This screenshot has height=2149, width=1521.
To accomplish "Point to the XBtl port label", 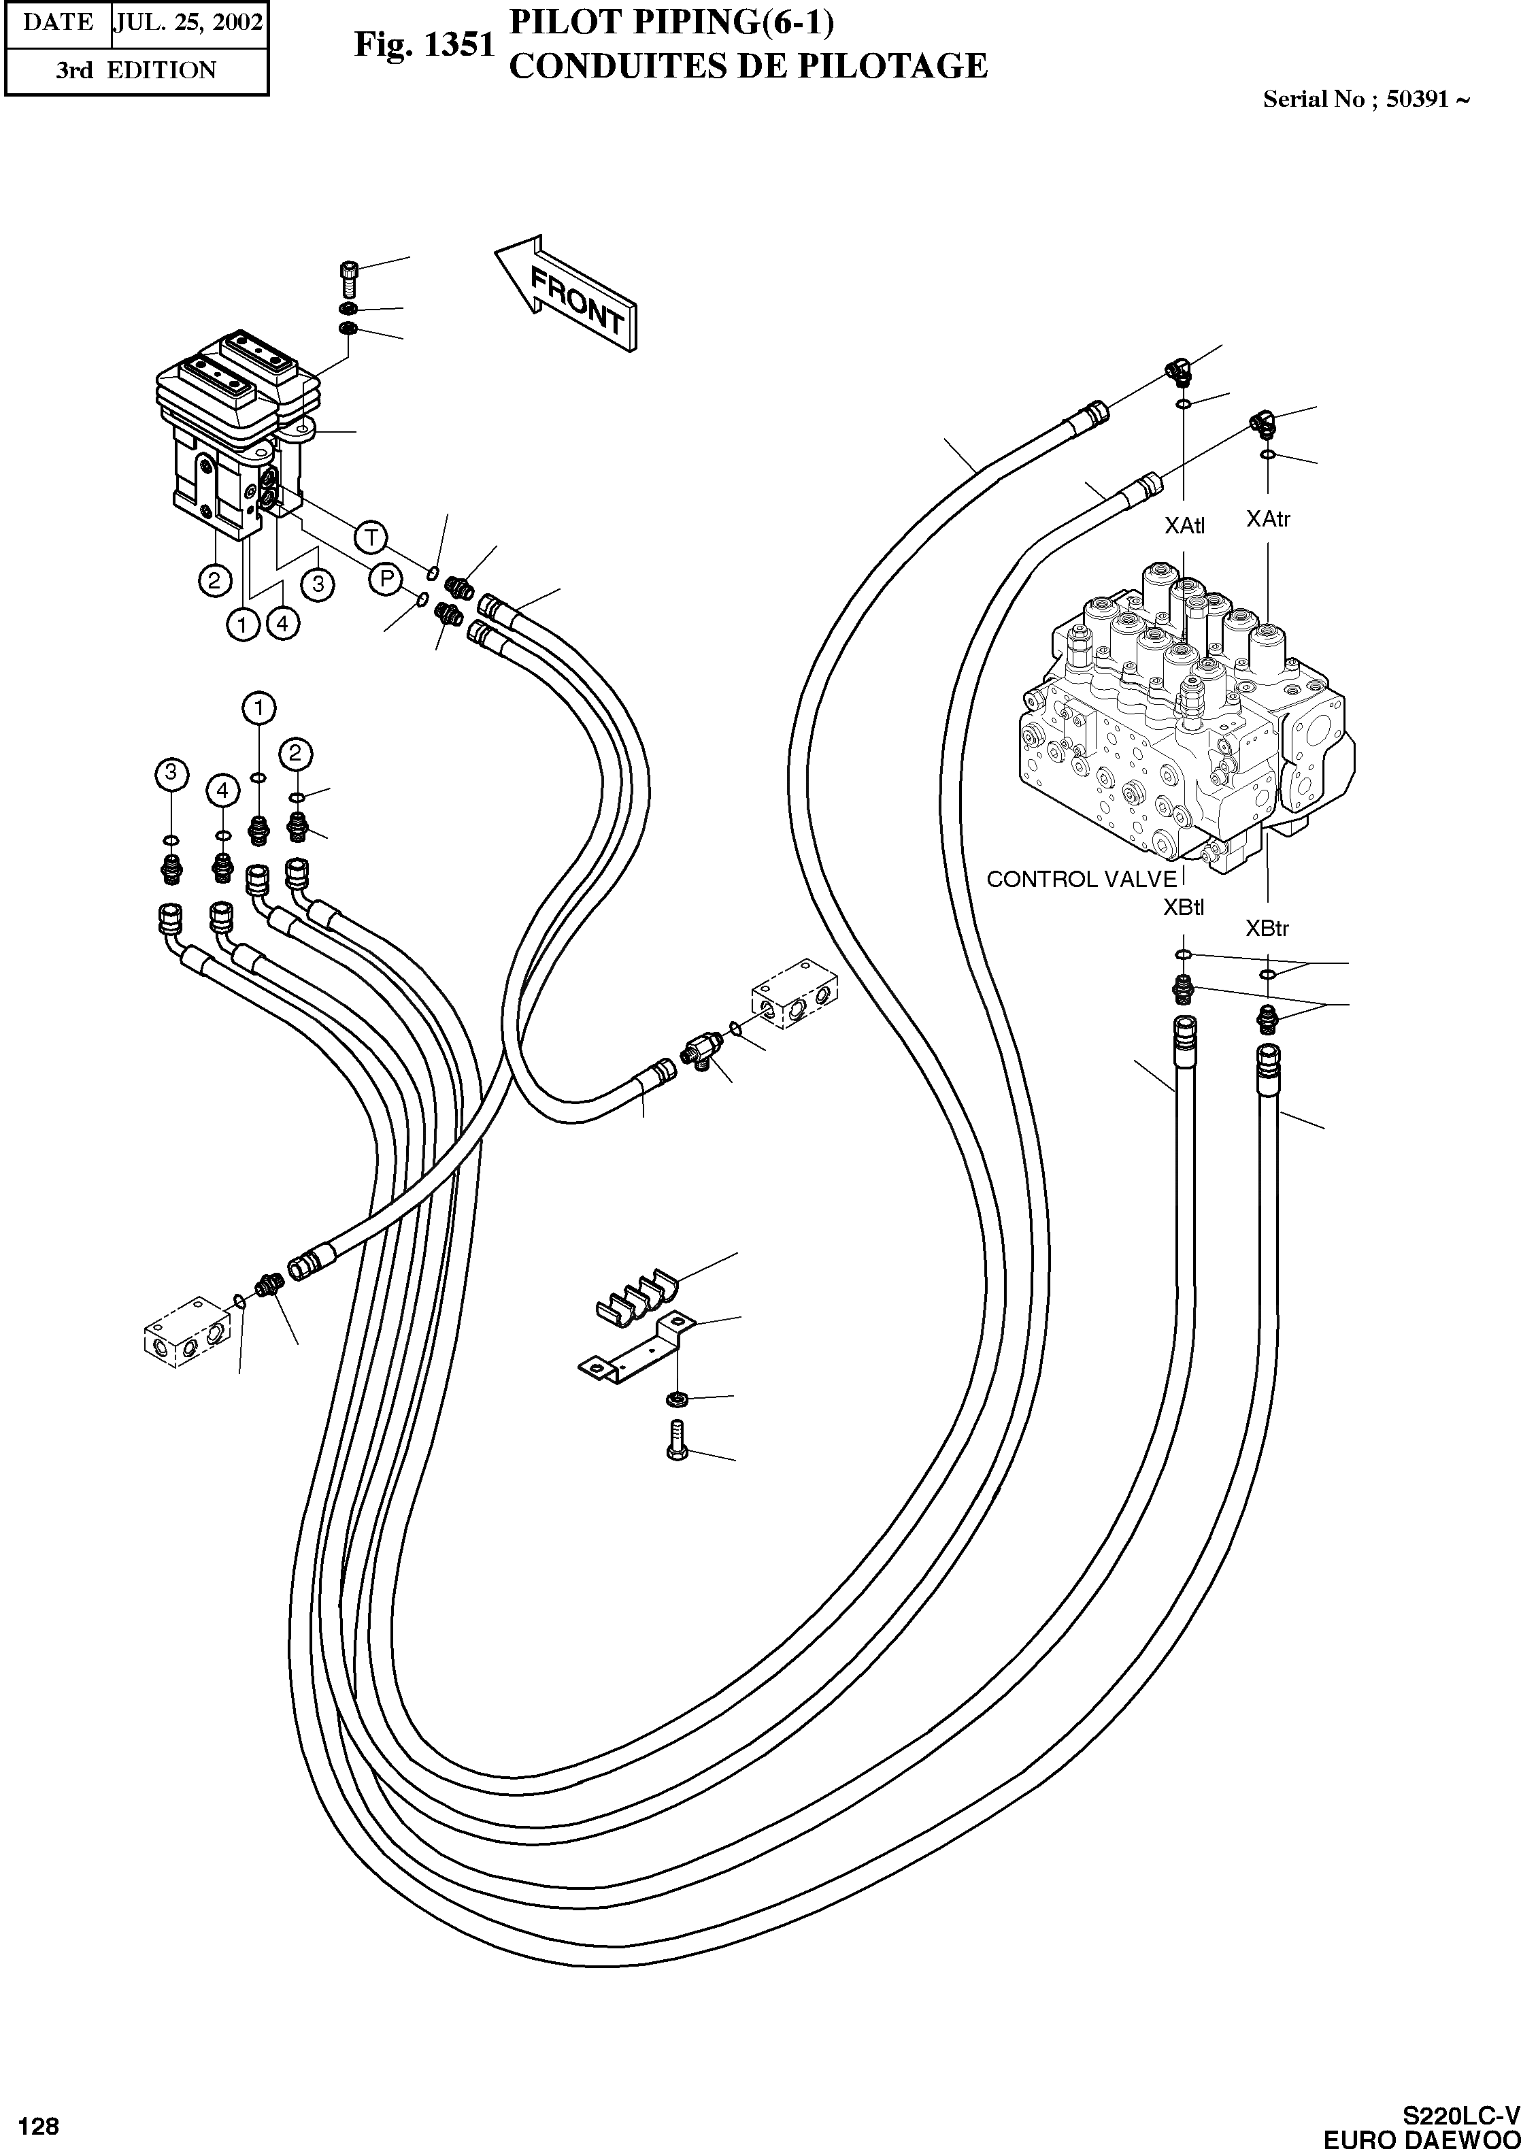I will point(1184,907).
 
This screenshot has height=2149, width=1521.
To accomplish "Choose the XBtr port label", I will point(1267,929).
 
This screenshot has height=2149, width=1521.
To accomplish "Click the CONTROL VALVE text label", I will point(1082,880).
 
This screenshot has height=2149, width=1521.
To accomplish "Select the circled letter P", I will point(386,580).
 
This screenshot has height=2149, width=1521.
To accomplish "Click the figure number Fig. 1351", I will point(423,44).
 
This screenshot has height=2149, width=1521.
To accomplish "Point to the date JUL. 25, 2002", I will point(188,22).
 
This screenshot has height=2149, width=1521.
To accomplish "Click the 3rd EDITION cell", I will point(136,70).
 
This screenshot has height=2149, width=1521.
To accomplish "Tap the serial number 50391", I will point(1416,99).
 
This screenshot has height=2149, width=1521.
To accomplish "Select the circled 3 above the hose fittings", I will point(171,773).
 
